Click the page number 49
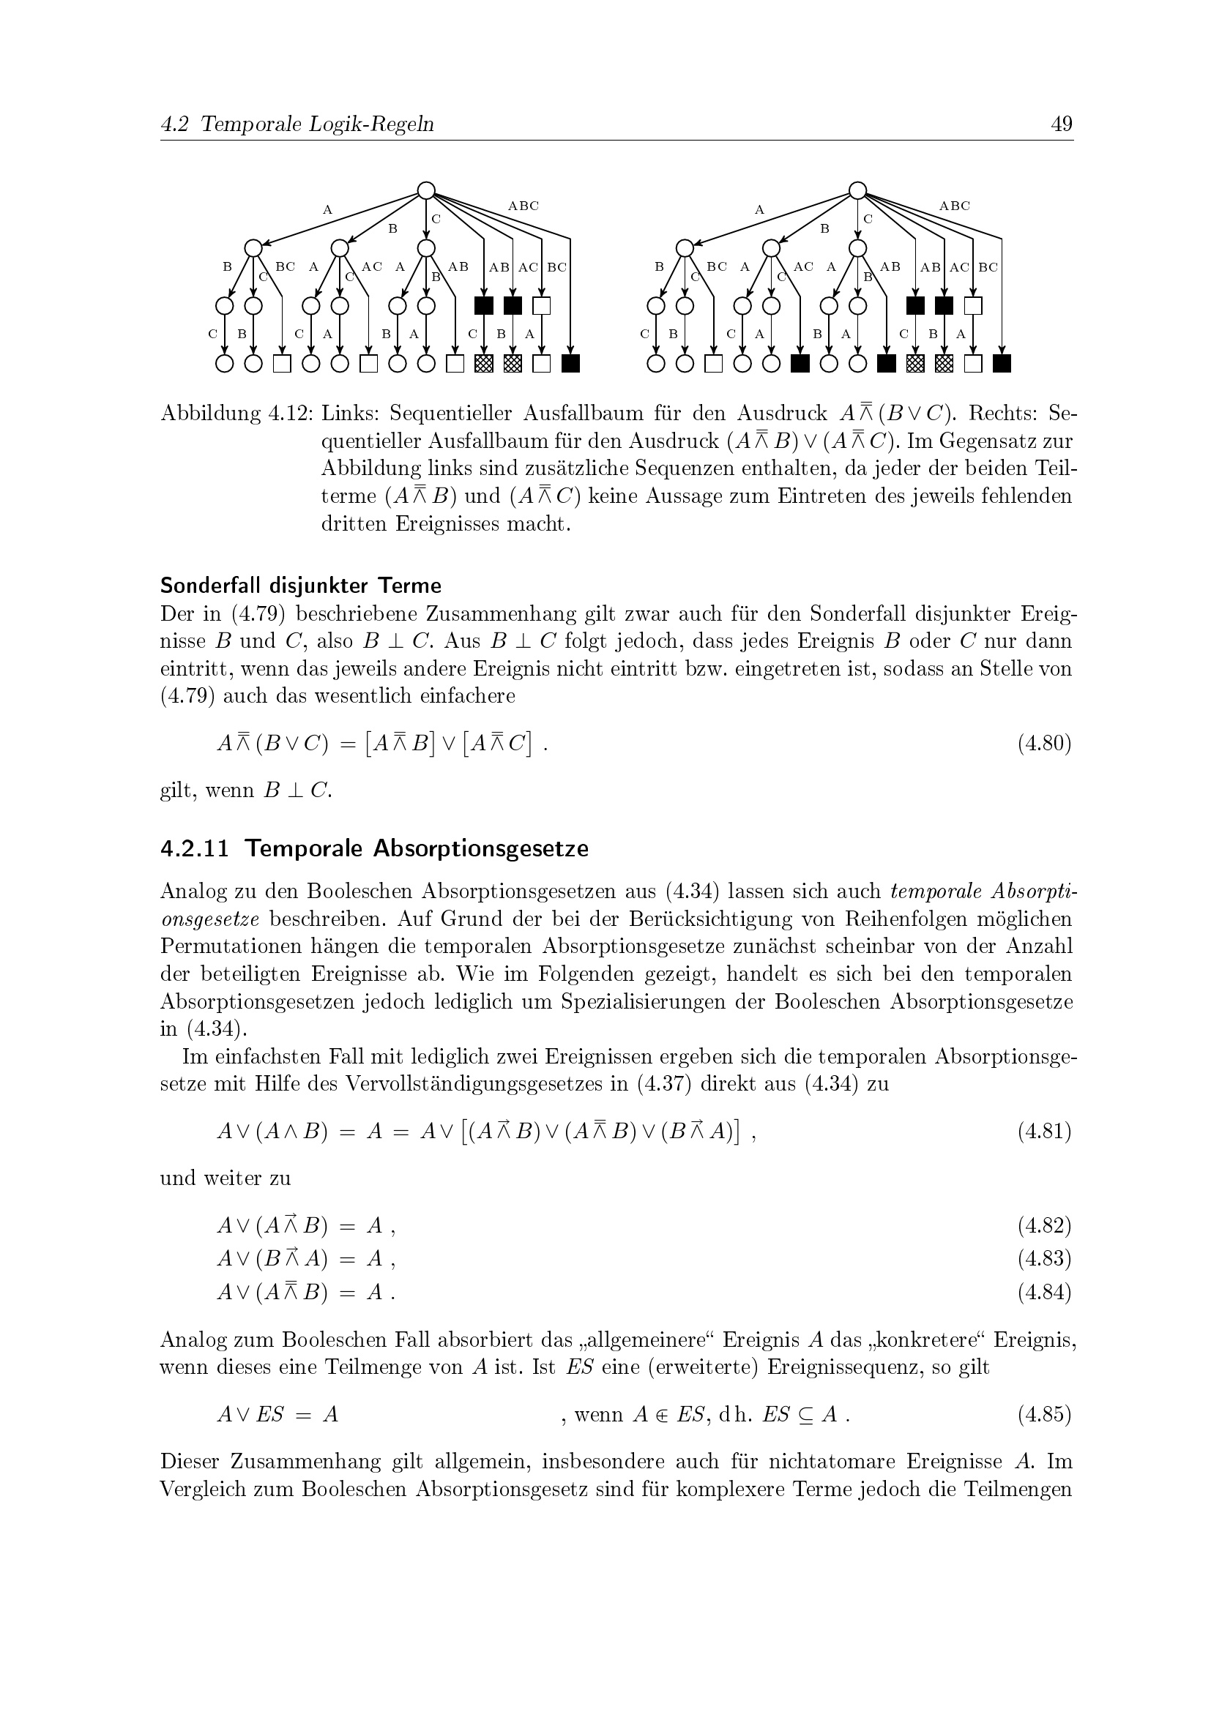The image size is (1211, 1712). tap(1061, 124)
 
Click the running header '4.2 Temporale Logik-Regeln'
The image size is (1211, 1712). tap(297, 124)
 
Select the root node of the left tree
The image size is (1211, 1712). tap(426, 191)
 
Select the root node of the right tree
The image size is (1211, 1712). tap(857, 191)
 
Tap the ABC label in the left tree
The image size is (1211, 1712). tap(523, 206)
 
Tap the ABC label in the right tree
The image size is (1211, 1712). tap(955, 206)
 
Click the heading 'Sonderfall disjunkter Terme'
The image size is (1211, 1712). tap(300, 586)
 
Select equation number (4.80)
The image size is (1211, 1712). tap(1044, 744)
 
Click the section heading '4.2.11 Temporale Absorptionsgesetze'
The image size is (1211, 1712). tap(374, 848)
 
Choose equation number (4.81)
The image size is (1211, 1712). tap(1044, 1132)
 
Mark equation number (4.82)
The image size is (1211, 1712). tap(1044, 1225)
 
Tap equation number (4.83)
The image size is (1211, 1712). tap(1044, 1259)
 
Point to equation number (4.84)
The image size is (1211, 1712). tap(1044, 1292)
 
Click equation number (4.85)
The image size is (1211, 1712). tap(1044, 1415)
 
